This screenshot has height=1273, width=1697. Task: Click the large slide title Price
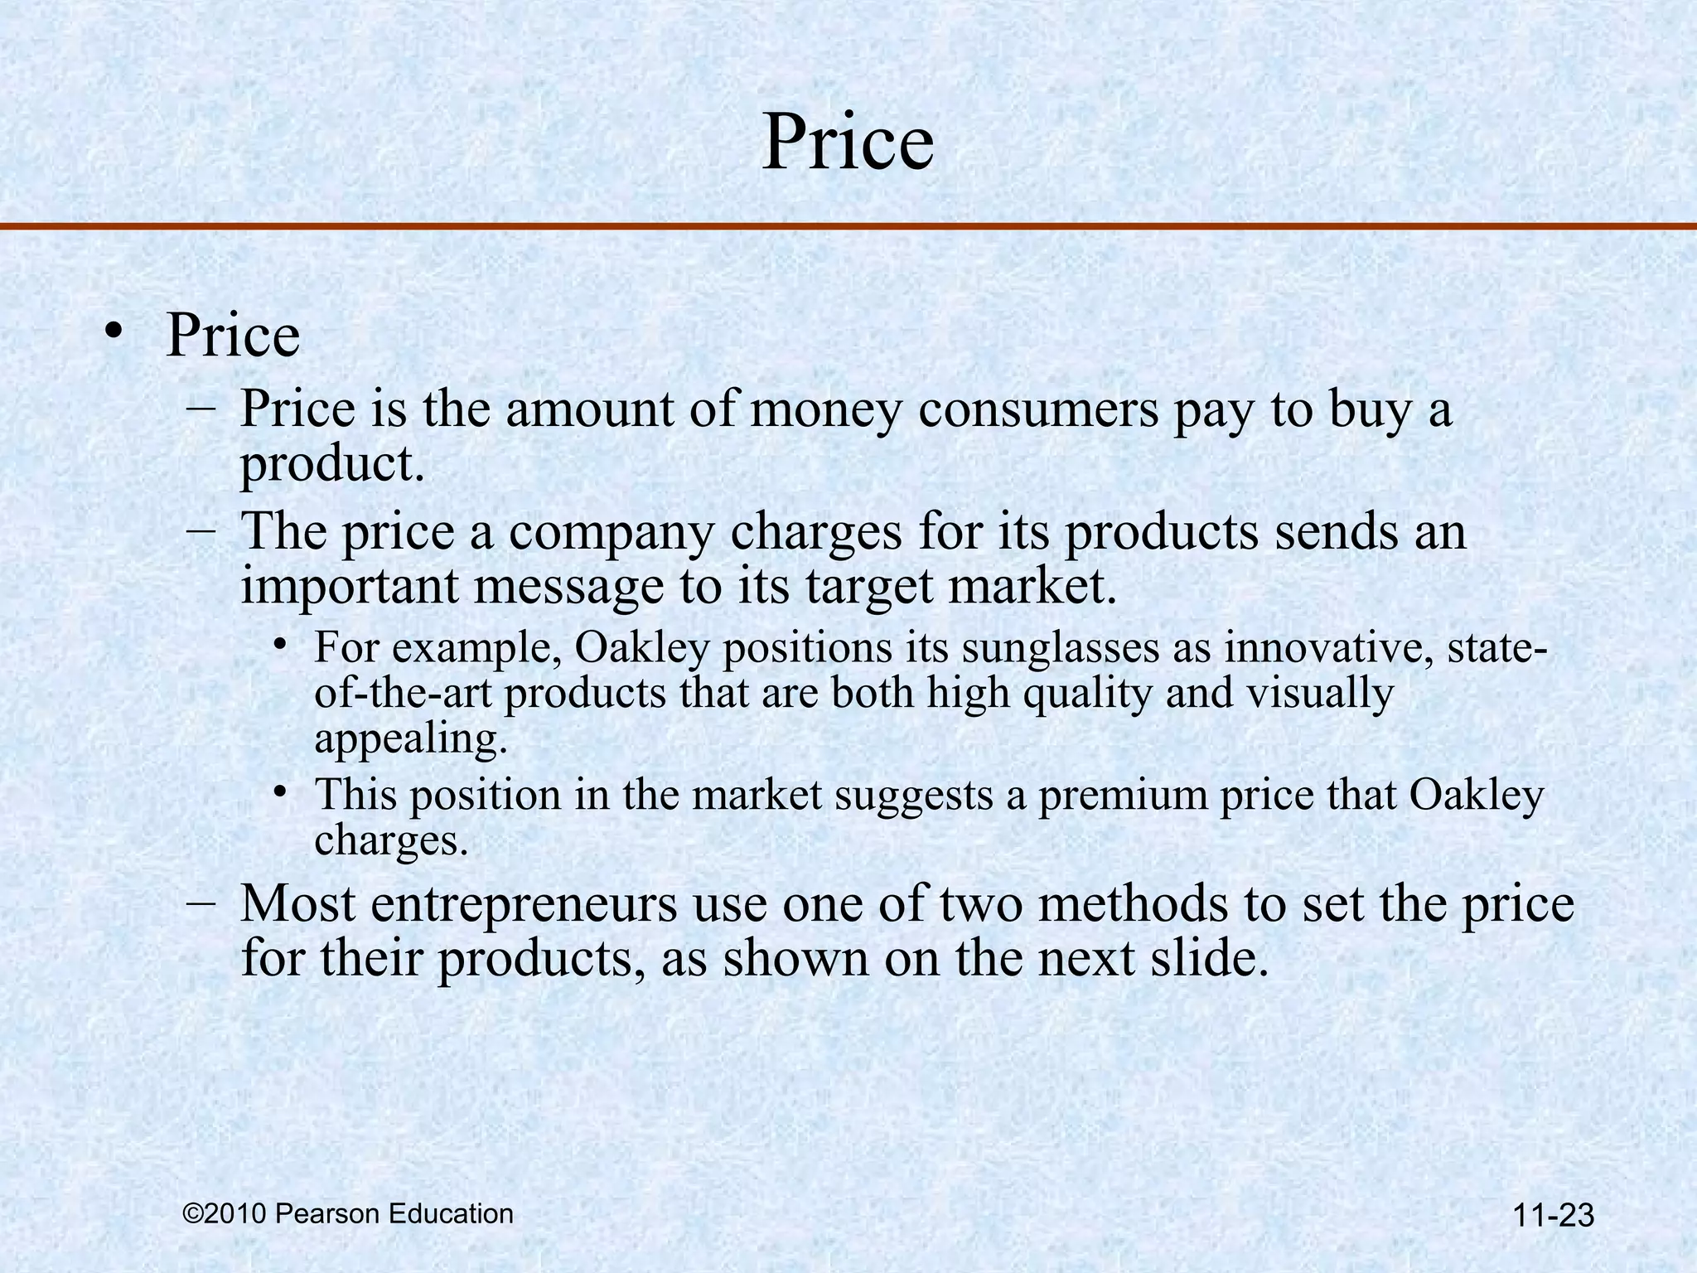point(847,143)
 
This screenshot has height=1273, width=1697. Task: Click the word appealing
point(409,739)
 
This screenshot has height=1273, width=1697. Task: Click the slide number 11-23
point(1553,1216)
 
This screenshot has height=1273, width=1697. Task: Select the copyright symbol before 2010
point(192,1214)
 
